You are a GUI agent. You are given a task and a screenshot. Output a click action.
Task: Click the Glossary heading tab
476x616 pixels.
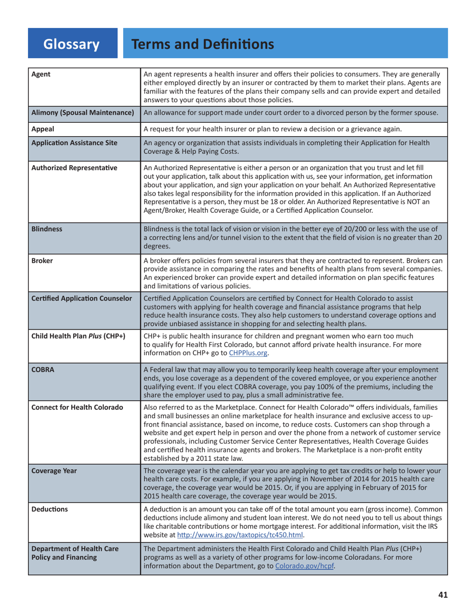(72, 44)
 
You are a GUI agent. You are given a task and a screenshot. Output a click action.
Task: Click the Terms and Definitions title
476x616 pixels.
(202, 44)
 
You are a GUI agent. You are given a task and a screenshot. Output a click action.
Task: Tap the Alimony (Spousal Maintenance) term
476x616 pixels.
(83, 113)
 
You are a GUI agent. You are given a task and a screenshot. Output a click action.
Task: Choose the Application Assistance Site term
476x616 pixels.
(74, 143)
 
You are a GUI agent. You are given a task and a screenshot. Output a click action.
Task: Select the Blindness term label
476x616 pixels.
(47, 228)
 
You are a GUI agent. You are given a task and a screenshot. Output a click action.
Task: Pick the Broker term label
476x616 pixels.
(42, 261)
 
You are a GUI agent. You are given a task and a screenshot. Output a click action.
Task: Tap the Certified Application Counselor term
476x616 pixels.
(82, 299)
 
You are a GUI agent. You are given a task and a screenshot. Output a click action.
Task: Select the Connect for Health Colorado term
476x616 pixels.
(77, 407)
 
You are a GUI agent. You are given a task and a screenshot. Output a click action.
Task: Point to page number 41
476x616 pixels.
(442, 595)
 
